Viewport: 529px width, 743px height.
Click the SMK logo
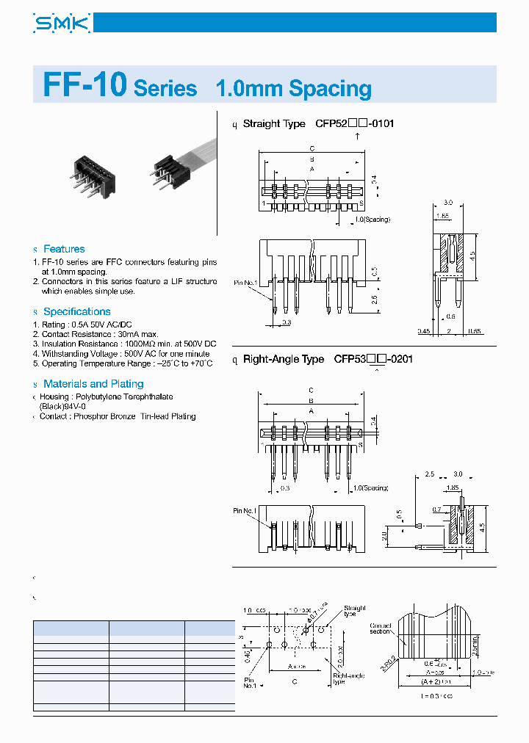pos(62,25)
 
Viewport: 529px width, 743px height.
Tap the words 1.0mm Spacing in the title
pos(293,89)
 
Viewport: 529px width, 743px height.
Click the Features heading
pos(63,249)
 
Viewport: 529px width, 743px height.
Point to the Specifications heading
pos(76,311)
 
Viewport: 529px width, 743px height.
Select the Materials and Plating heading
pos(93,383)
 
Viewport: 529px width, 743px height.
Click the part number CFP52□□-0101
pos(354,123)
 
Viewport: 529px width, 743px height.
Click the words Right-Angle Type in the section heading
pos(284,359)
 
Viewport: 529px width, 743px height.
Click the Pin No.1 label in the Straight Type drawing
pos(246,282)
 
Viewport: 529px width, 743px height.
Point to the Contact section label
pos(381,628)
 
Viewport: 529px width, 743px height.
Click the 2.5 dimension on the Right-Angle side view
pos(431,474)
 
